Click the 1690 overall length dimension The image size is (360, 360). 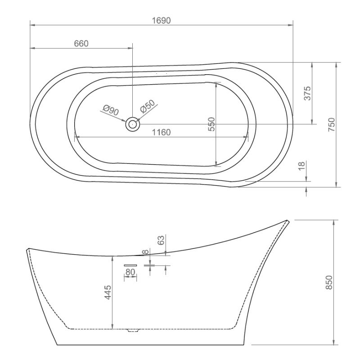[162, 21]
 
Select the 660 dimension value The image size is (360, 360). [81, 44]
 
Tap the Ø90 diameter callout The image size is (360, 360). [111, 110]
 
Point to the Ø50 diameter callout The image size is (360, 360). [148, 106]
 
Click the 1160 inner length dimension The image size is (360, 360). [162, 132]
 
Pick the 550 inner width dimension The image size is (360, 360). [211, 124]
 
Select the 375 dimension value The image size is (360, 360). [307, 93]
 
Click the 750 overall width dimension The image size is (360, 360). [332, 125]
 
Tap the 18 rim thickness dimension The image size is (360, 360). [301, 166]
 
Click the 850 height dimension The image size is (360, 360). [329, 283]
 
